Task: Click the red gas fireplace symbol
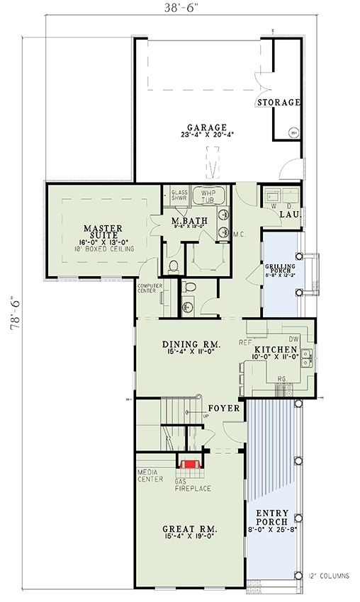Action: click(x=190, y=465)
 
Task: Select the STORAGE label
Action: click(x=279, y=103)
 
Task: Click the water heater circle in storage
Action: click(x=293, y=132)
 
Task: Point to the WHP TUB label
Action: click(x=208, y=196)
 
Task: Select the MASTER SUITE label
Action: click(x=103, y=233)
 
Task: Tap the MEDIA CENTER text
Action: click(x=150, y=475)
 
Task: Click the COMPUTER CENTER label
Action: click(x=150, y=289)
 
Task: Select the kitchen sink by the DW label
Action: click(x=305, y=363)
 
